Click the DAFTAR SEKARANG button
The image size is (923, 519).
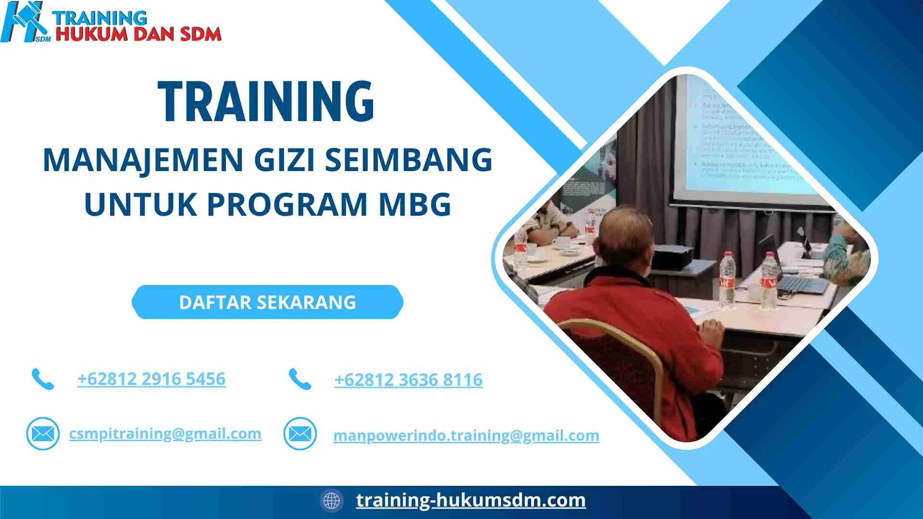pyautogui.click(x=267, y=302)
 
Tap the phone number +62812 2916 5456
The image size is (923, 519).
pyautogui.click(x=151, y=379)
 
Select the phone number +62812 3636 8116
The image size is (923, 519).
pyautogui.click(x=409, y=380)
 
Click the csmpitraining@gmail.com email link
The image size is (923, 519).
pyautogui.click(x=165, y=433)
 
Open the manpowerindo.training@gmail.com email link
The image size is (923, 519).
pyautogui.click(x=466, y=435)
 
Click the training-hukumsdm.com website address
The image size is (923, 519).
pyautogui.click(x=471, y=500)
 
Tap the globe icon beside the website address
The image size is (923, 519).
pyautogui.click(x=332, y=500)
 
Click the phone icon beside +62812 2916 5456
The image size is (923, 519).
pyautogui.click(x=43, y=379)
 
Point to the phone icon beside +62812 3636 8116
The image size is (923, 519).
pyautogui.click(x=300, y=379)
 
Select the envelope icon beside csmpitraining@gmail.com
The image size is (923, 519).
pyautogui.click(x=43, y=434)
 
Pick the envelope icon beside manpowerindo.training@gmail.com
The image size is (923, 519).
pyautogui.click(x=300, y=434)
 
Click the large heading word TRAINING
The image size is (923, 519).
pyautogui.click(x=266, y=101)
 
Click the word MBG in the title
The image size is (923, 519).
pyautogui.click(x=415, y=204)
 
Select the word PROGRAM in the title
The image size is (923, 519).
pyautogui.click(x=287, y=204)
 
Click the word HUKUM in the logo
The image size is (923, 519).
pyautogui.click(x=91, y=34)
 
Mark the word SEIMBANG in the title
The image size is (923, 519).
pyautogui.click(x=409, y=160)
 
